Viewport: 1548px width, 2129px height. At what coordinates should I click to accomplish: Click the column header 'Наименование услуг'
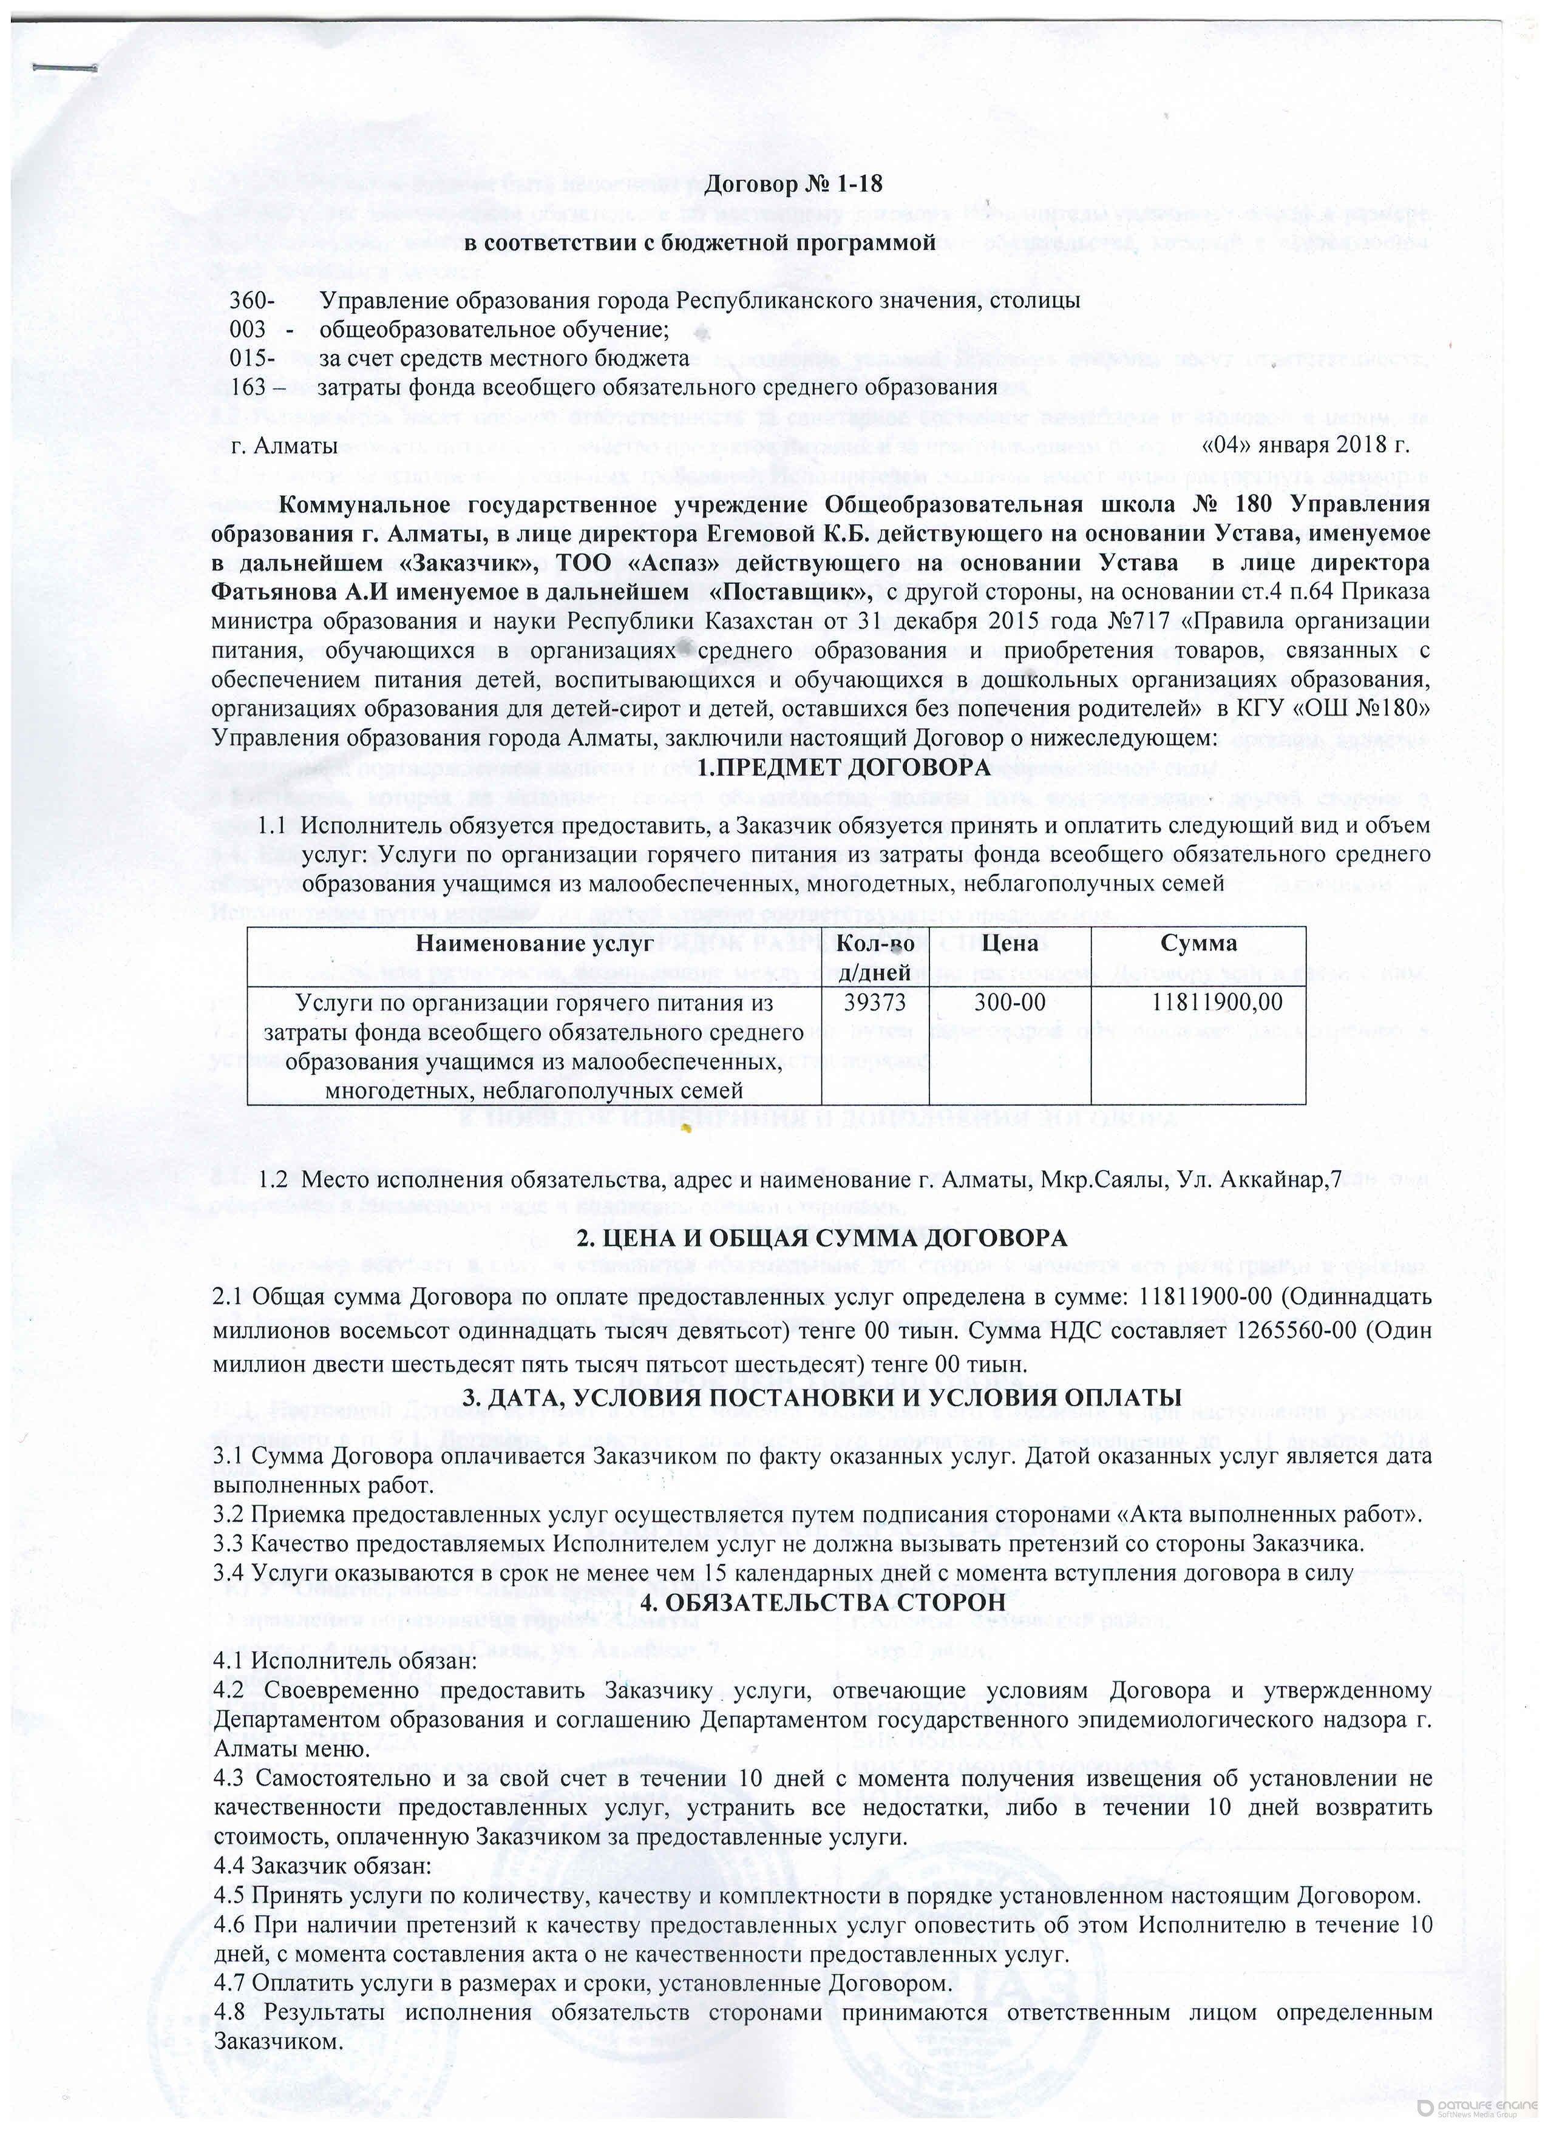(534, 943)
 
